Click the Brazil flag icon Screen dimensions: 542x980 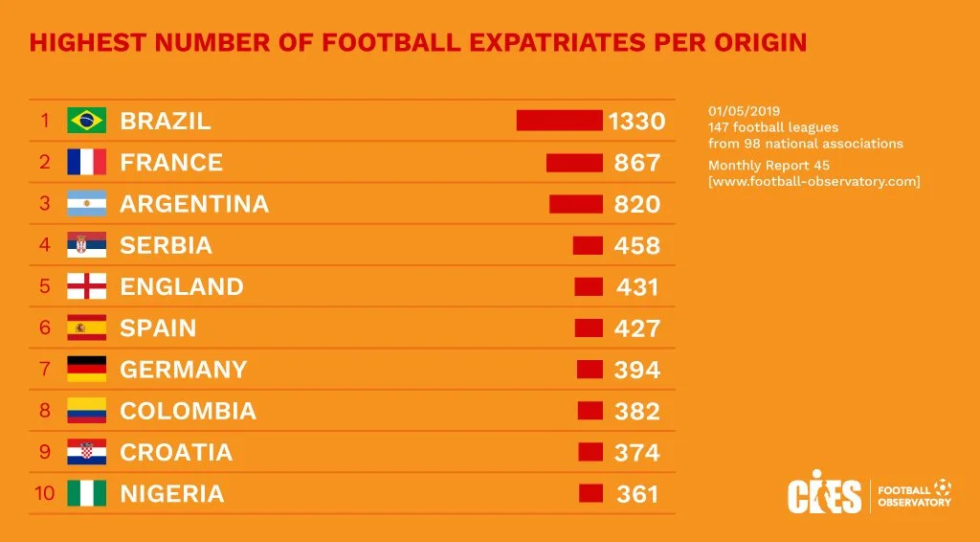coord(86,121)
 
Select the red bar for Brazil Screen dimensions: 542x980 coord(559,121)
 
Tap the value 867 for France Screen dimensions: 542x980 coord(637,163)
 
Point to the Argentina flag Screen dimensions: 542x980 coord(86,204)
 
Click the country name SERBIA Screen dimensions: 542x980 coord(166,245)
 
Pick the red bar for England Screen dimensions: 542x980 coord(589,286)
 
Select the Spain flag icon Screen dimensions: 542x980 coord(86,327)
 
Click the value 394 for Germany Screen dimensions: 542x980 coord(637,370)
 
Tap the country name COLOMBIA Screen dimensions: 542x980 coord(188,411)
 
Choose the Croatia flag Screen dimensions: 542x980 coord(86,452)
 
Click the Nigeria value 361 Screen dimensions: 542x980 coord(637,494)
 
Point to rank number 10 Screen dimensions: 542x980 coord(45,493)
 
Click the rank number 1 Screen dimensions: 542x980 coord(44,121)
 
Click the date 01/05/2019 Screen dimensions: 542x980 coord(744,111)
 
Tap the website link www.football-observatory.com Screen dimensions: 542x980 coord(813,182)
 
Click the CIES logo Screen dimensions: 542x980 coord(824,492)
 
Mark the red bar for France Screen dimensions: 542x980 coord(574,163)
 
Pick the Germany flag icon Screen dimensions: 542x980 coord(86,369)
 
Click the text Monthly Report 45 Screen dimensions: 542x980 coord(762,166)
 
